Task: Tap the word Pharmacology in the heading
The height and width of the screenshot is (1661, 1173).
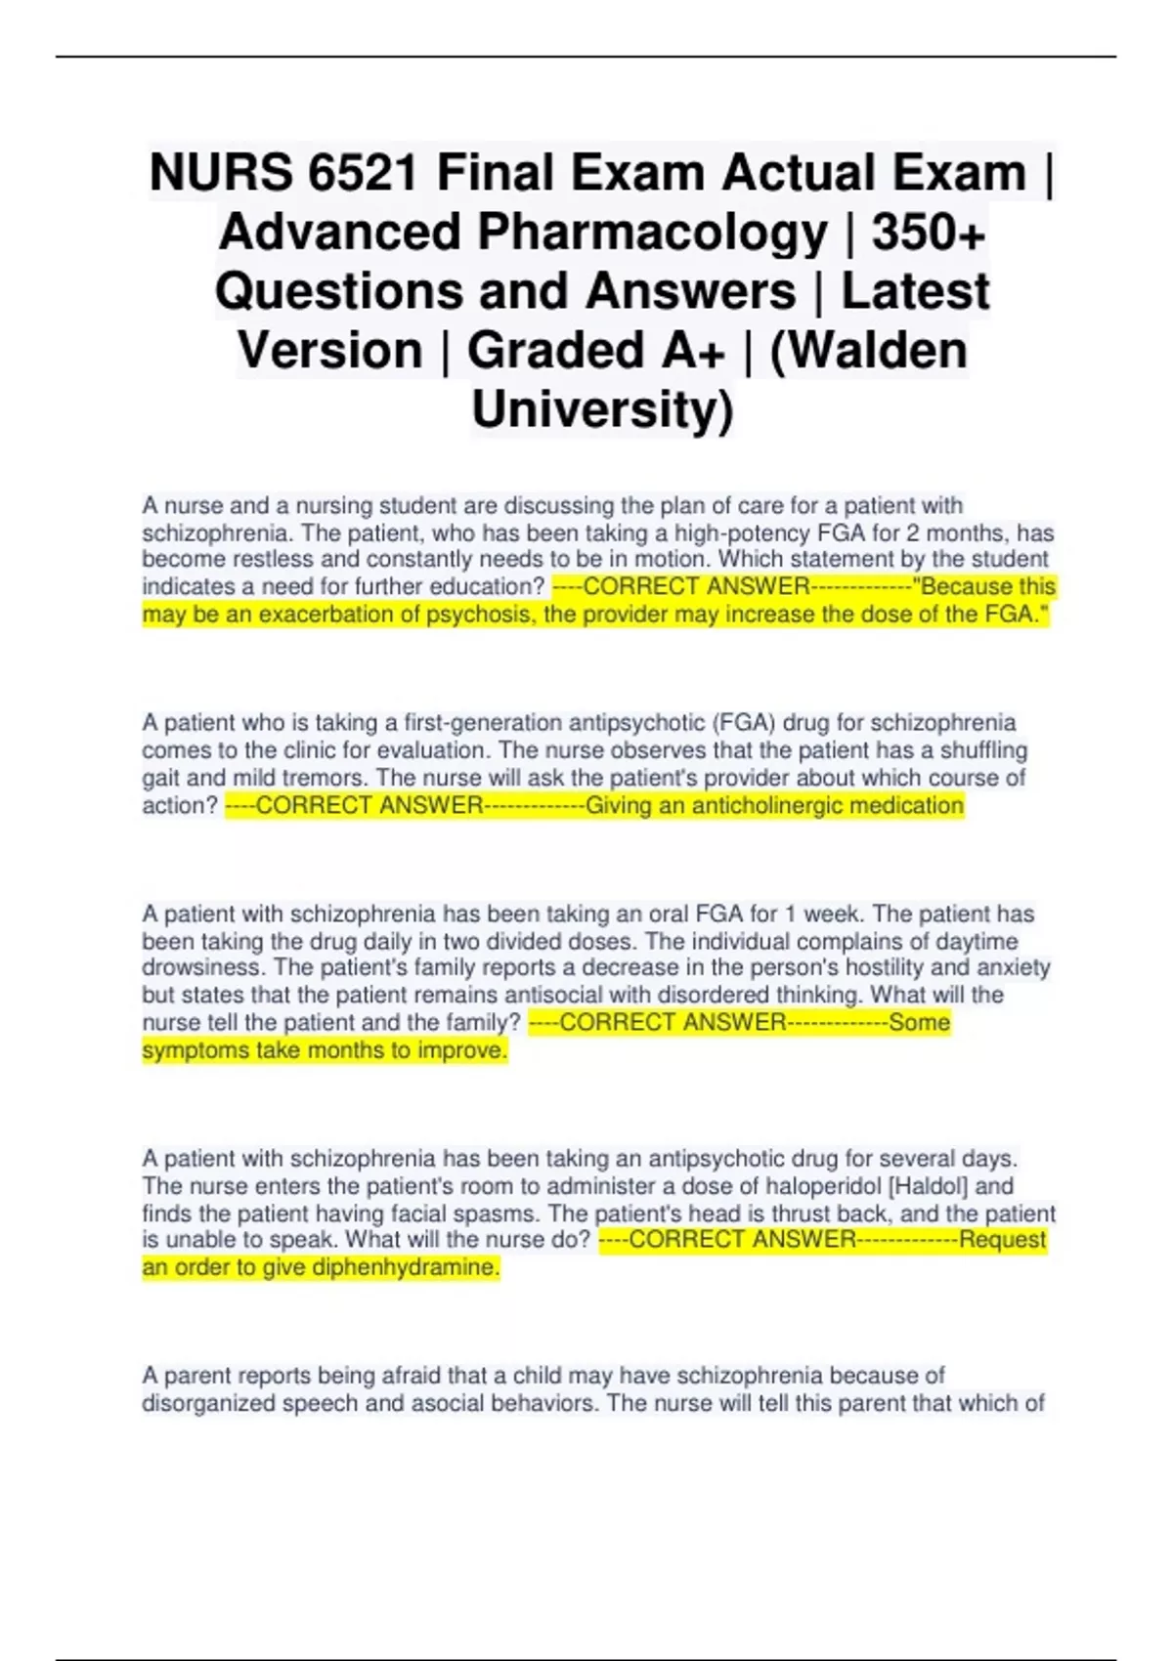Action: point(652,233)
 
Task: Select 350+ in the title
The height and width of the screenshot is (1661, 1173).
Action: point(928,233)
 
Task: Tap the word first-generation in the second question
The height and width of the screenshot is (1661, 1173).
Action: point(475,723)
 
